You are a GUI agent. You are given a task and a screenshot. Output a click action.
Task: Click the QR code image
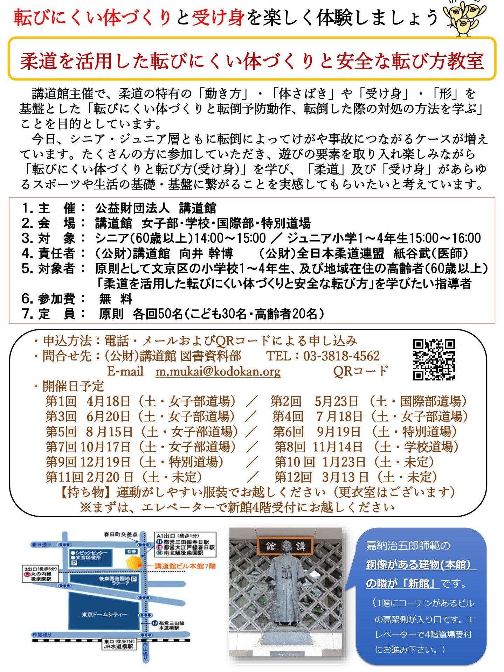click(x=434, y=359)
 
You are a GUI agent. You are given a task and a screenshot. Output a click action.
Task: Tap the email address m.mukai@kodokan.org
click(x=218, y=371)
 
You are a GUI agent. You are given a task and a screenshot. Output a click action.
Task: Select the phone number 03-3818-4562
click(x=341, y=356)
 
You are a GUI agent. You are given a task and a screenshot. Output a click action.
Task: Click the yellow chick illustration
click(x=464, y=17)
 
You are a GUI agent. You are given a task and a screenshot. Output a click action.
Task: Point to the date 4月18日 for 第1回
click(x=109, y=401)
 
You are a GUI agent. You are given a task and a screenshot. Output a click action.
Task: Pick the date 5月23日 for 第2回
click(x=336, y=401)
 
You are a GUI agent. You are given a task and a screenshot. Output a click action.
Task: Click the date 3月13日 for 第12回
click(x=345, y=477)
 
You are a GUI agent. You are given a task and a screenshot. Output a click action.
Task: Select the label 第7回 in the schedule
click(x=61, y=447)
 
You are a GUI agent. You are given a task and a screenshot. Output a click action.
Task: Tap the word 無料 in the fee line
click(x=116, y=299)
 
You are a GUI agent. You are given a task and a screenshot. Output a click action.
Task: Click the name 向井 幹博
click(x=206, y=253)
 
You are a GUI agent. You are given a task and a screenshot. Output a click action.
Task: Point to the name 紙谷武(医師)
click(x=430, y=253)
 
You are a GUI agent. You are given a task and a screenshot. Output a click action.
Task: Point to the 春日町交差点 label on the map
click(x=120, y=534)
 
